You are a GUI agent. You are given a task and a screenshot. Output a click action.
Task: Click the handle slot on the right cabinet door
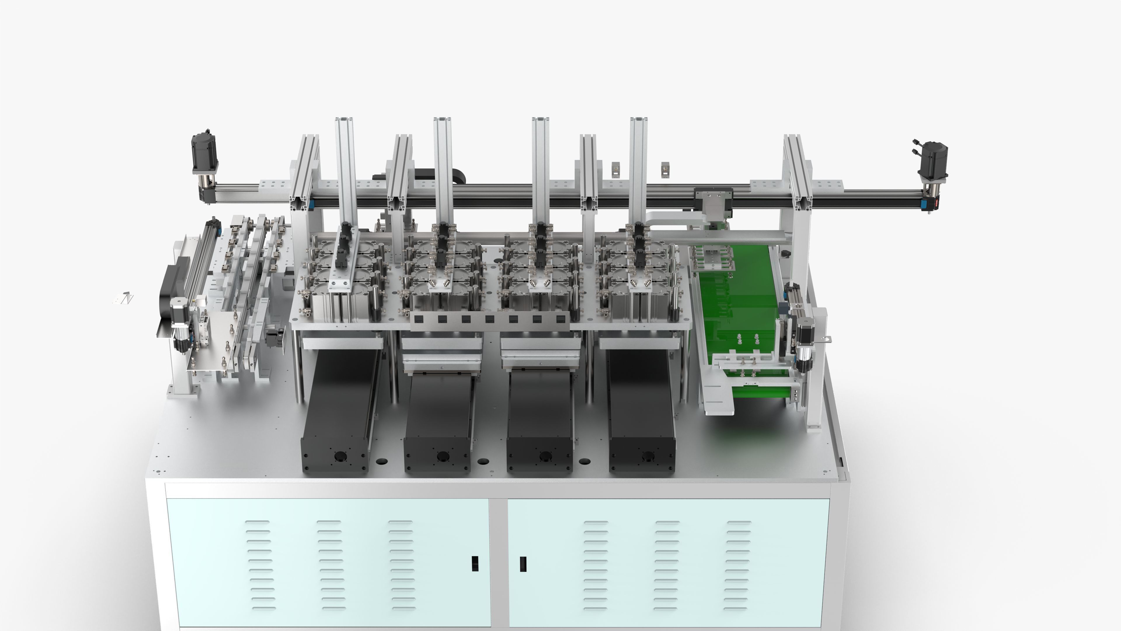click(x=523, y=564)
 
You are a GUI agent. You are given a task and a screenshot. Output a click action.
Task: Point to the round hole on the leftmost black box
click(x=339, y=456)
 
